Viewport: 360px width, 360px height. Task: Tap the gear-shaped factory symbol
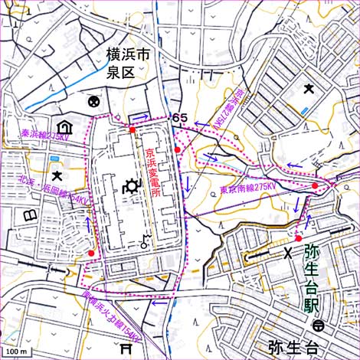[130, 185]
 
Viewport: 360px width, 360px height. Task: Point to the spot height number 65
[180, 117]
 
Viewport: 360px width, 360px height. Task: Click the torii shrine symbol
[126, 348]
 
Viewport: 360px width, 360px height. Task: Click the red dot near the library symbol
[91, 253]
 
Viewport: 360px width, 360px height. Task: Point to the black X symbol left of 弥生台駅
[288, 253]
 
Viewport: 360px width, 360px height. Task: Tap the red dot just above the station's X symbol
[299, 238]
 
